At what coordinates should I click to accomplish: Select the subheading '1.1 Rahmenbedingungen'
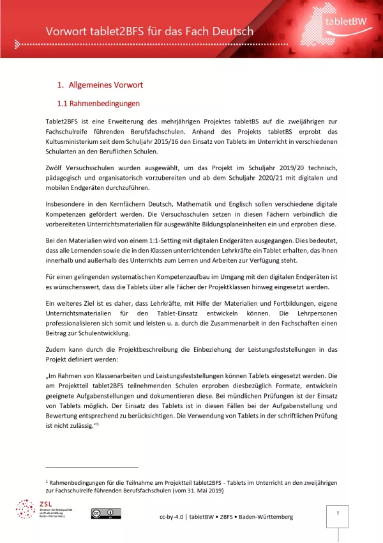[99, 103]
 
